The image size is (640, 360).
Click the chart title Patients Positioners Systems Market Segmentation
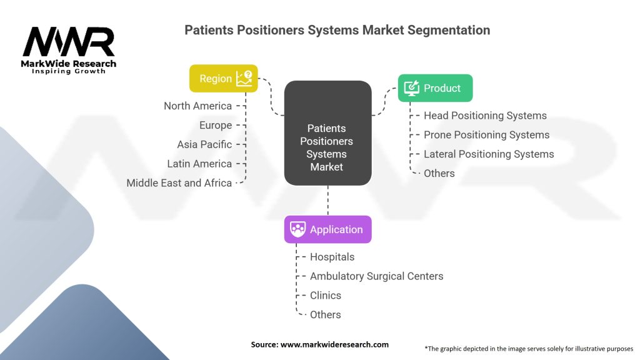(337, 30)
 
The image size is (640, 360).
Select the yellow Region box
(223, 79)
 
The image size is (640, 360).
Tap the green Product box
(435, 88)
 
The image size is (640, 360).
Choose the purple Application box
(327, 229)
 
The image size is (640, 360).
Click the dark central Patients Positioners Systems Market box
(327, 133)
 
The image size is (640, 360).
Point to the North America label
(197, 106)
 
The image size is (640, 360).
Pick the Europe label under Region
(216, 125)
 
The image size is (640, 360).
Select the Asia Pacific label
(204, 144)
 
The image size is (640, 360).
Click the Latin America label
(199, 164)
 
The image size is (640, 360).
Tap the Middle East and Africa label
(179, 183)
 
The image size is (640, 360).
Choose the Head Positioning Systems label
(485, 116)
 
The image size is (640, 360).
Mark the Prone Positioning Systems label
(486, 135)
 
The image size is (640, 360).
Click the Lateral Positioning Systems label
(489, 154)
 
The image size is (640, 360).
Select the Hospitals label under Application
(332, 257)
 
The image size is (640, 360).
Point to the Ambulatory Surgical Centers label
(376, 276)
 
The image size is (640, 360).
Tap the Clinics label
(326, 296)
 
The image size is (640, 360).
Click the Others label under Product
(439, 173)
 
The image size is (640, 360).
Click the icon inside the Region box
(244, 78)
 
